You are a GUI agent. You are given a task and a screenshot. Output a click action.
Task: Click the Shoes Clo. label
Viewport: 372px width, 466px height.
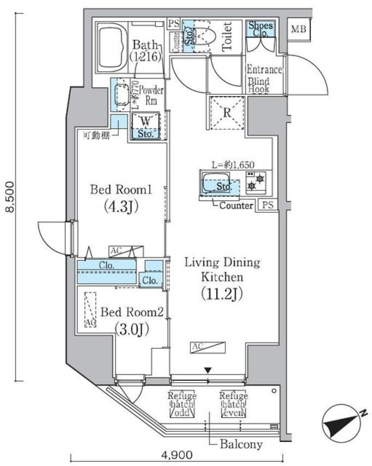260,28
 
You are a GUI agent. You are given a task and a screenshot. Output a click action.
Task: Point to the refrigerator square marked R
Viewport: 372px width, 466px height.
227,112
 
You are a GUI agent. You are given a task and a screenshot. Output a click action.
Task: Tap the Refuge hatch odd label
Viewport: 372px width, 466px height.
182,404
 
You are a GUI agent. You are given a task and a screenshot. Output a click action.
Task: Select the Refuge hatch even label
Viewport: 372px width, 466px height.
233,404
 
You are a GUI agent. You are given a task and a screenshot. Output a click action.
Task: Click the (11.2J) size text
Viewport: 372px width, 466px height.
222,294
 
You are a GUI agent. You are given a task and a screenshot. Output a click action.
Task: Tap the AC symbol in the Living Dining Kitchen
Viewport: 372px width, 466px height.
207,348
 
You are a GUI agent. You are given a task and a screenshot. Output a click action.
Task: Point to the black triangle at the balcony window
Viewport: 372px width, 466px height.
208,371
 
